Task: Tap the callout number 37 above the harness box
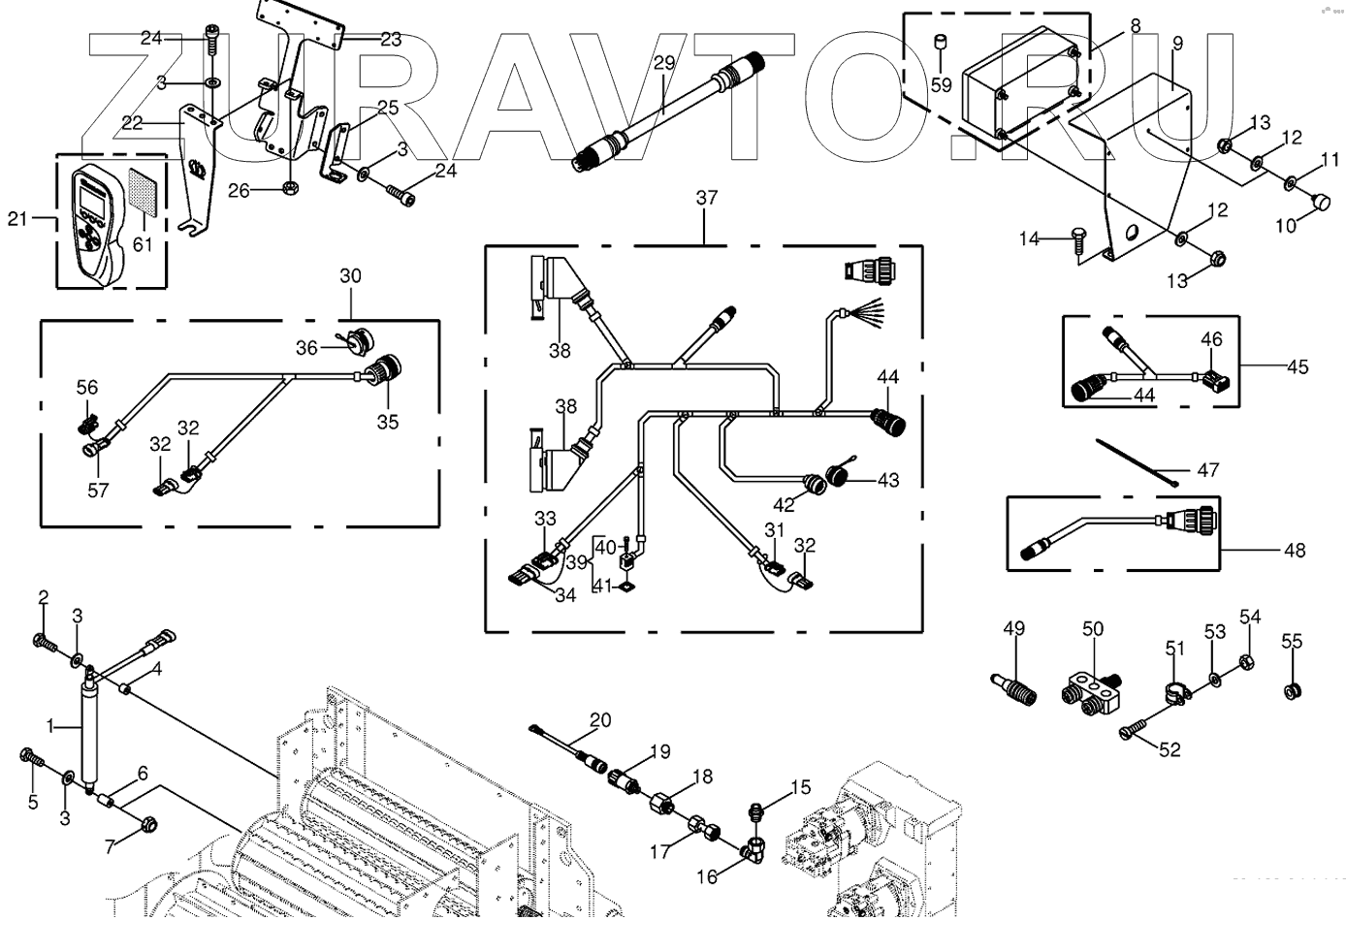click(x=707, y=198)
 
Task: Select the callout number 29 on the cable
click(x=663, y=64)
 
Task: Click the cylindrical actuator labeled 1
click(x=91, y=730)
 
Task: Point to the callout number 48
click(x=1295, y=551)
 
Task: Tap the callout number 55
click(x=1292, y=642)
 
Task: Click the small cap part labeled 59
click(x=940, y=43)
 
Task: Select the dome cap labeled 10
click(x=1321, y=203)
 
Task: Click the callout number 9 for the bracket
click(x=1177, y=43)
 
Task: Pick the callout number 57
click(x=98, y=490)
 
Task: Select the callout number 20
click(x=601, y=719)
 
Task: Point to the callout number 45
click(x=1298, y=366)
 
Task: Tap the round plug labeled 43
click(x=836, y=478)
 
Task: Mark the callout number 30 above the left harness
click(x=350, y=276)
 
